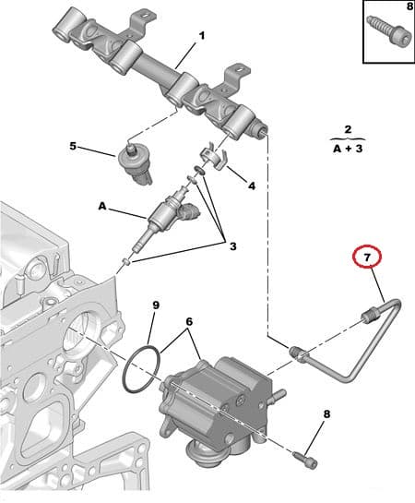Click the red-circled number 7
tap(367, 256)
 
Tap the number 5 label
tap(72, 146)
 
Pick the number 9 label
tap(155, 305)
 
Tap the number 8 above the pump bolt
tap(325, 414)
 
